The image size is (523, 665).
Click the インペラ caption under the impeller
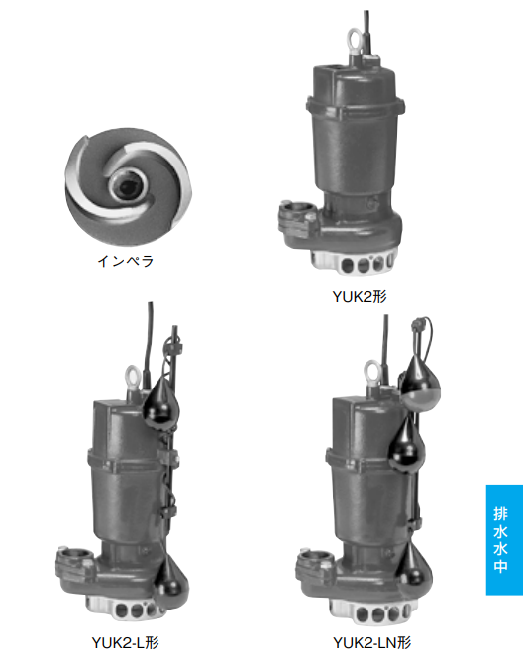[126, 261]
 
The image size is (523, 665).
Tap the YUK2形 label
[360, 297]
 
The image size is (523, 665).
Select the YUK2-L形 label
[126, 643]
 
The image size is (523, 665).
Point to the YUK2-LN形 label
[372, 643]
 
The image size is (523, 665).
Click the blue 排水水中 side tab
[504, 539]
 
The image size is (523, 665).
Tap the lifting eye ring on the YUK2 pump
[354, 41]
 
